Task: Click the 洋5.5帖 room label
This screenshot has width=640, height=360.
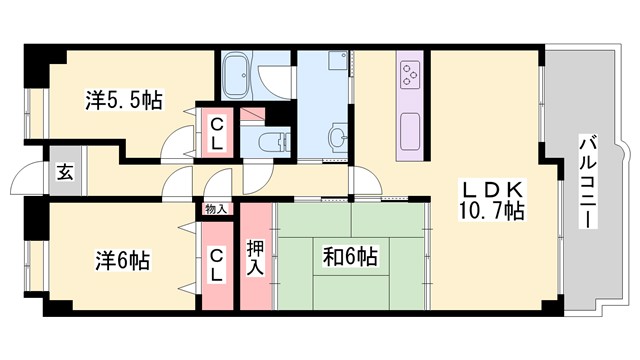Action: [123, 100]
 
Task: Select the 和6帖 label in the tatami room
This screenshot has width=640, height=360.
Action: [349, 257]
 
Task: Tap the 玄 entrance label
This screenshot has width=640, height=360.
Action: [64, 172]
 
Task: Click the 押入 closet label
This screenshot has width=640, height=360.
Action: [255, 258]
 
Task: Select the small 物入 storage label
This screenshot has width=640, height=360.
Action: [217, 210]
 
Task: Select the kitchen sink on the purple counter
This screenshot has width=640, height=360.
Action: [411, 129]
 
